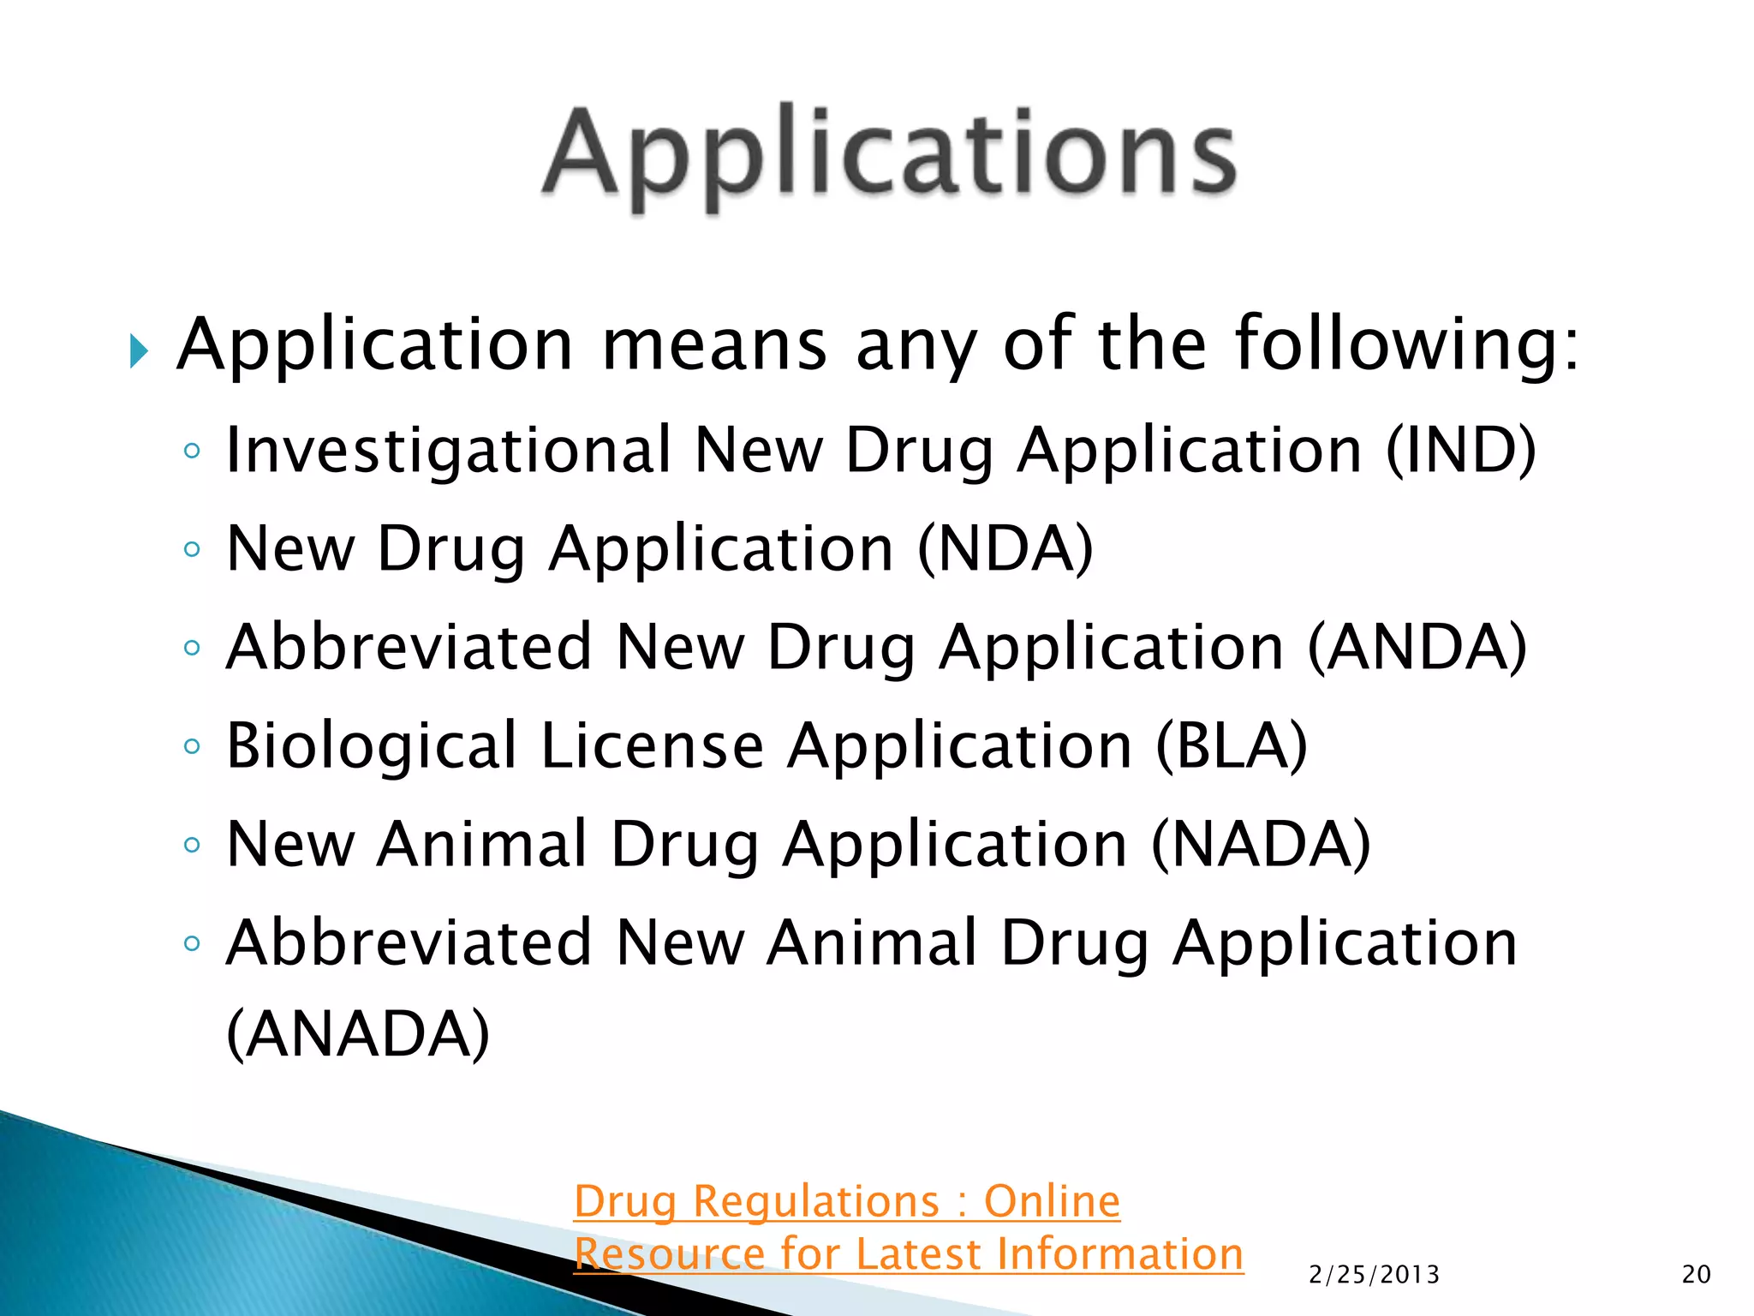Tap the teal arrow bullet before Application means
click(139, 350)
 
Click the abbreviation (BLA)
click(1231, 745)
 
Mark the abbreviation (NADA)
click(1260, 844)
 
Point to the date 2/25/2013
click(1374, 1275)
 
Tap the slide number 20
click(1696, 1275)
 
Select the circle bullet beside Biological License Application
click(192, 746)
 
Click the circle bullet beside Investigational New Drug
click(192, 451)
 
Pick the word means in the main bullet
click(714, 344)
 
